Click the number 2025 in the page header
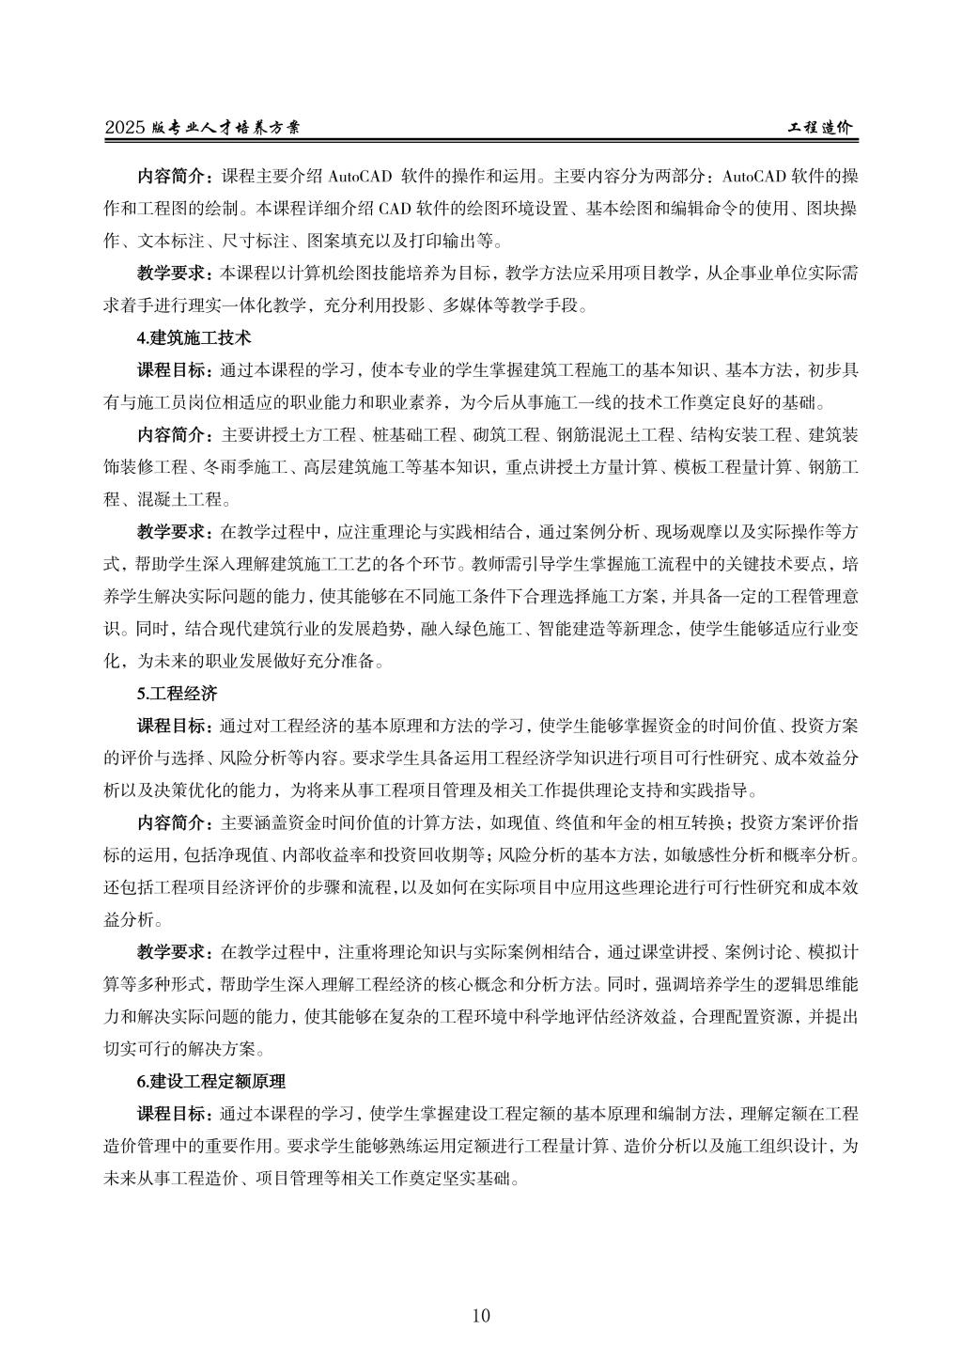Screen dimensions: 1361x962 [x=124, y=128]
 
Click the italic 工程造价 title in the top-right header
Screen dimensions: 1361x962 [x=821, y=128]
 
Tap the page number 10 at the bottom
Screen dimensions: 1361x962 [x=481, y=1315]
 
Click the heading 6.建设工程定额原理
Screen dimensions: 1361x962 [x=210, y=1081]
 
